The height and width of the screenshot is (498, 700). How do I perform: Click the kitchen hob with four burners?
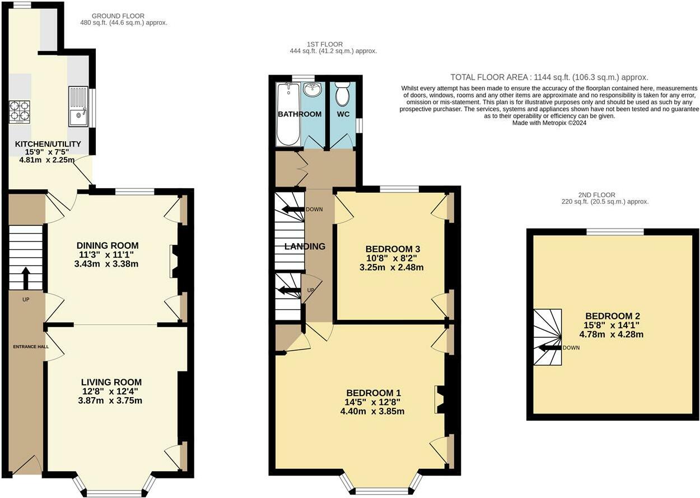pos(19,111)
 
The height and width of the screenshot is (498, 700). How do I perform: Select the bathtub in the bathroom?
pos(288,114)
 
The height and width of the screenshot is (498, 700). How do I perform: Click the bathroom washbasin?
pos(311,90)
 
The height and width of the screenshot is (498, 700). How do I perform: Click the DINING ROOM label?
pos(108,245)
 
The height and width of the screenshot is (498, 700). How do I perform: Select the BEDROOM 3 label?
pos(393,249)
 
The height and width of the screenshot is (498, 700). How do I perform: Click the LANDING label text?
pos(305,246)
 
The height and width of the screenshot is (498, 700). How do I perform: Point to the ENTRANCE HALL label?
pos(31,347)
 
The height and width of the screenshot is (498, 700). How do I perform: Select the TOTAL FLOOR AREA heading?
pos(549,77)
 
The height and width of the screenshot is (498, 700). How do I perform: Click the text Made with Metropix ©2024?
pos(549,123)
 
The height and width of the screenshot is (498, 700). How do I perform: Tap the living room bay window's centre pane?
pos(115,493)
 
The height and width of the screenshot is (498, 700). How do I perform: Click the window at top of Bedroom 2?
pos(615,231)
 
